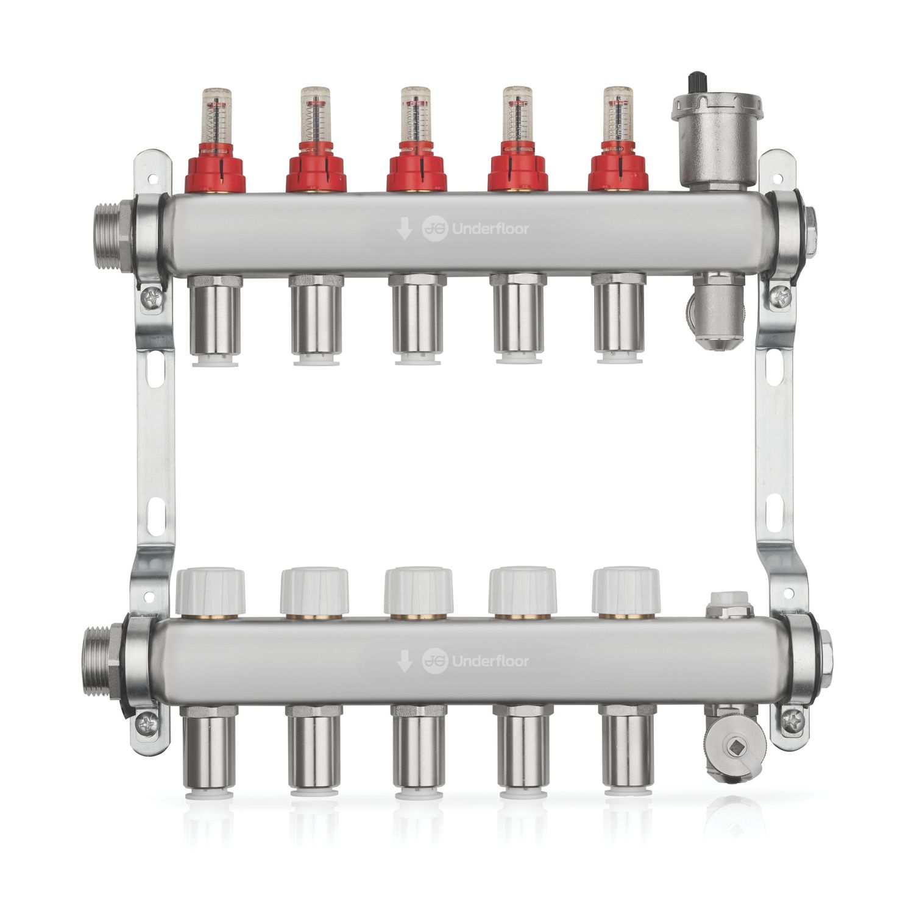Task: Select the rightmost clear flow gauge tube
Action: coord(617,116)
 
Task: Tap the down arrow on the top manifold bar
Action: coord(404,230)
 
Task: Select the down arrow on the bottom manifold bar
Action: coord(404,661)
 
